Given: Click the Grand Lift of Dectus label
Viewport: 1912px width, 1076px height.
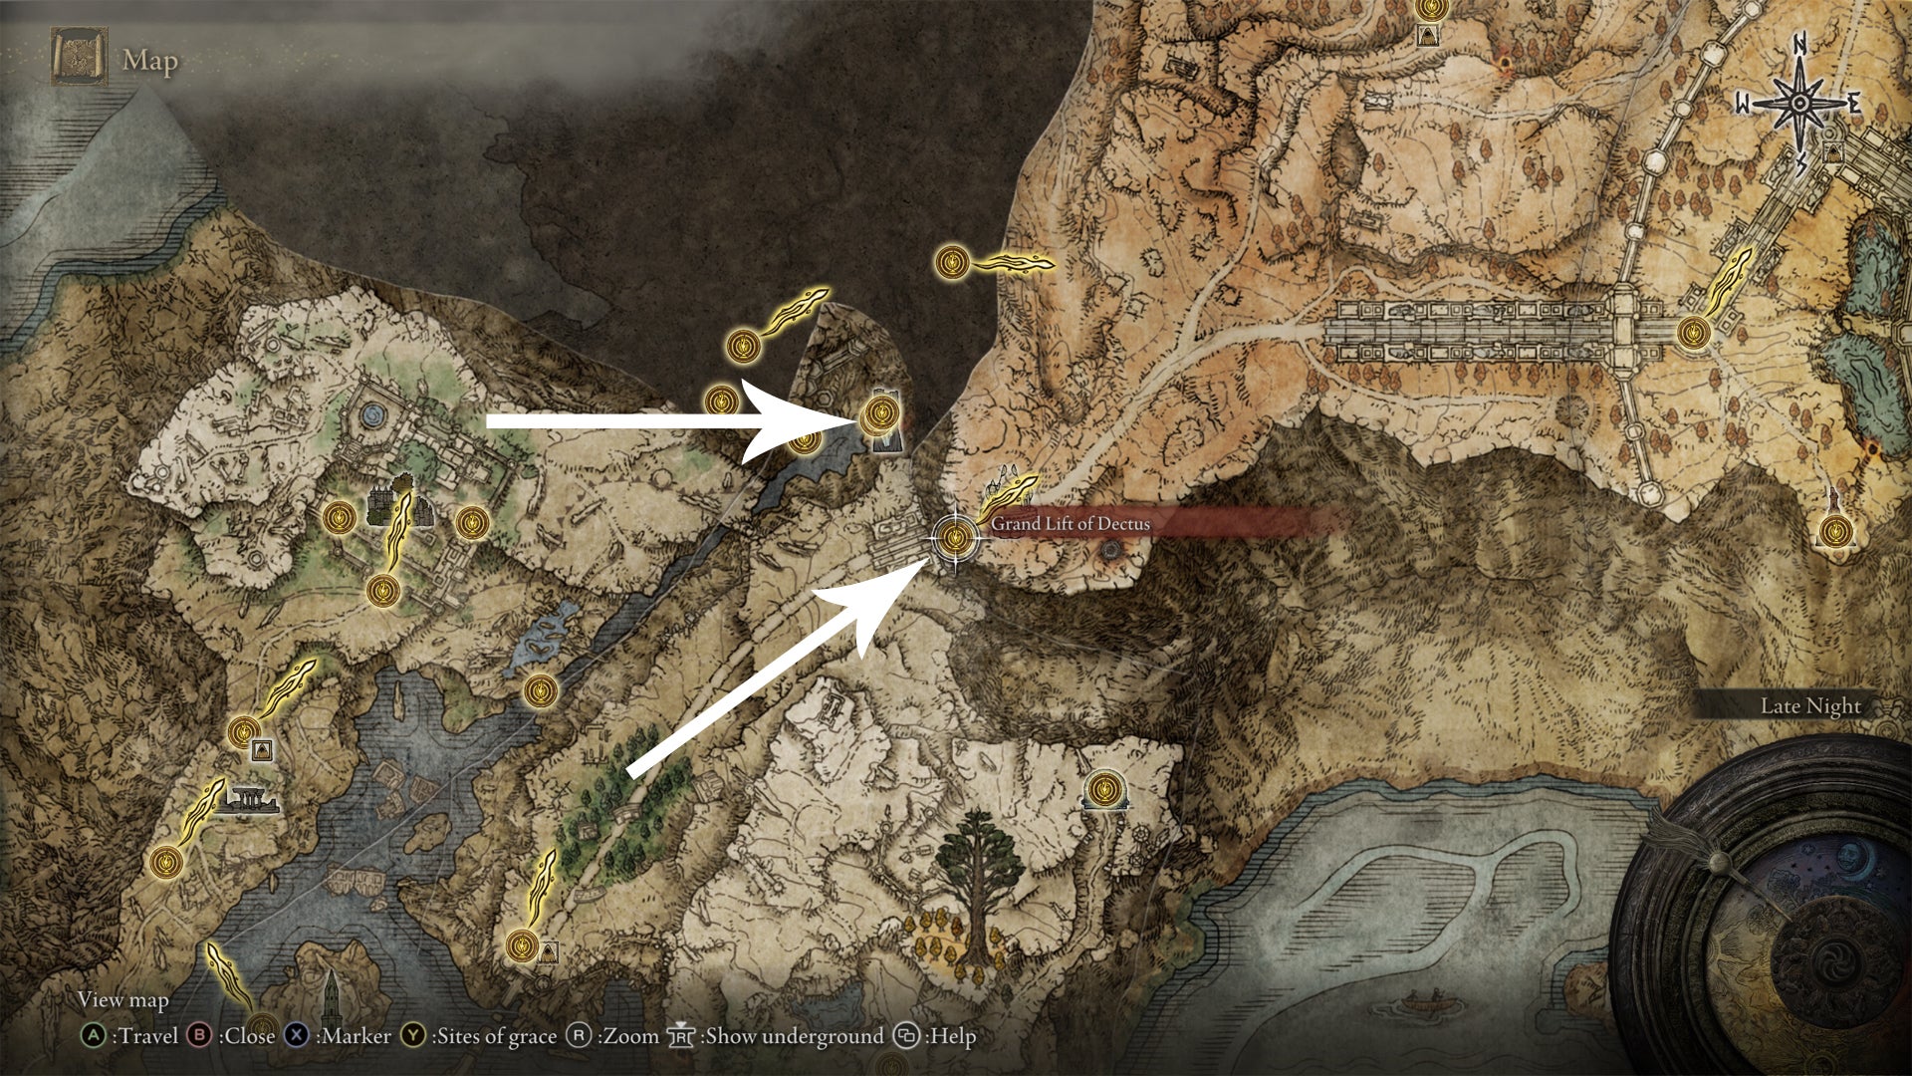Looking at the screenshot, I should point(1070,524).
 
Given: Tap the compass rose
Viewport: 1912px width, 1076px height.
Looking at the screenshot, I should point(1799,104).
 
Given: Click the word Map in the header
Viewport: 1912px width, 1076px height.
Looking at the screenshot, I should point(150,61).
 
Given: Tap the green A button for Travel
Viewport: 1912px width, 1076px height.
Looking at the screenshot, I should point(93,1036).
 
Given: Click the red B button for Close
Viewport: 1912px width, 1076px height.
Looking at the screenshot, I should point(200,1036).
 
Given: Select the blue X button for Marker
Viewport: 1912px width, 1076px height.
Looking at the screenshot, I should point(297,1036).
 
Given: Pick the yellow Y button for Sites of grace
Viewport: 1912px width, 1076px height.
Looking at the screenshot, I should point(413,1036).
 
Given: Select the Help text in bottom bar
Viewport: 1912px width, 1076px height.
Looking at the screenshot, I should point(951,1036).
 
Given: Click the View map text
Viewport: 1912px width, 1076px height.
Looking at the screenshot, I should point(123,999).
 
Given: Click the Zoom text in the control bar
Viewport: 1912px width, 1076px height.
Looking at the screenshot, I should point(630,1036).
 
